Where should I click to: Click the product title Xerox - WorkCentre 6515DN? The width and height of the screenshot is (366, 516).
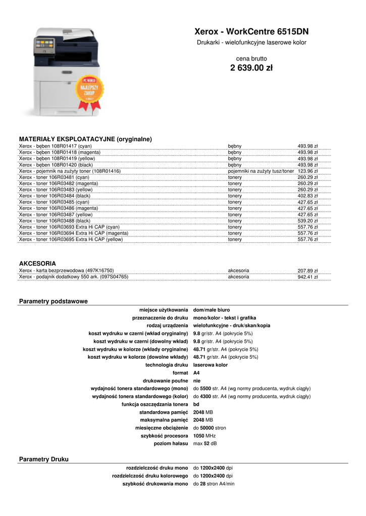[x=251, y=31]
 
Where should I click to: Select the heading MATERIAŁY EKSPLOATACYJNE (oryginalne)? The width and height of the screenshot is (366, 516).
[x=85, y=139]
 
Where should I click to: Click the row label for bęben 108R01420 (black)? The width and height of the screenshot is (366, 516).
[x=56, y=165]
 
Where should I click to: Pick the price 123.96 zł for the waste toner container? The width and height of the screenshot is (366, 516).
[x=307, y=171]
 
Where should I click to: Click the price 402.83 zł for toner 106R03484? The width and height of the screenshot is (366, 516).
[x=307, y=196]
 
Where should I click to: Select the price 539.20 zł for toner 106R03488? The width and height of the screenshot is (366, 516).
[x=307, y=221]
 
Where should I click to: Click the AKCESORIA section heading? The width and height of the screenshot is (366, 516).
[x=37, y=264]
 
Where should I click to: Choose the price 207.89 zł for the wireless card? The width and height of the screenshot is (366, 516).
[x=307, y=271]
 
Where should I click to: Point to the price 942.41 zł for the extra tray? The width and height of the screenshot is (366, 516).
[x=307, y=277]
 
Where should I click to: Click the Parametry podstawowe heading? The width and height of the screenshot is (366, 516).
[x=53, y=301]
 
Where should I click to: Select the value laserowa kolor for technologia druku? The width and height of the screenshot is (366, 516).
[x=210, y=365]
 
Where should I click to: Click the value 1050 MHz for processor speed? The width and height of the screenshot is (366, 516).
[x=204, y=436]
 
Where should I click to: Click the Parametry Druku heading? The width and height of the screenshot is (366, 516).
[x=43, y=460]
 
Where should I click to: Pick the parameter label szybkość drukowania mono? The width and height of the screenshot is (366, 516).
[x=155, y=484]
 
